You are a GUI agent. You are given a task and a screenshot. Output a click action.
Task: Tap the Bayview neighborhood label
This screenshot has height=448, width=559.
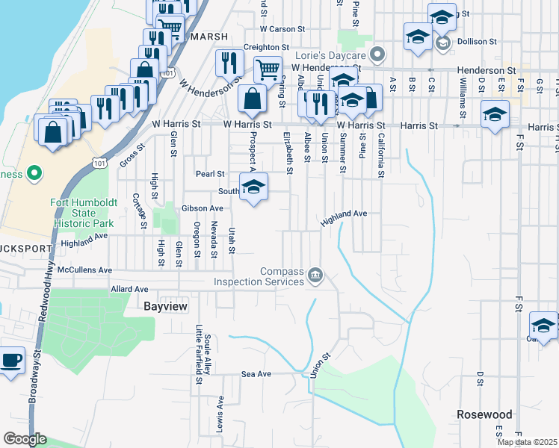[165, 306]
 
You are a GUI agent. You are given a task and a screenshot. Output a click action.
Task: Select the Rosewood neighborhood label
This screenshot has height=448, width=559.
[484, 414]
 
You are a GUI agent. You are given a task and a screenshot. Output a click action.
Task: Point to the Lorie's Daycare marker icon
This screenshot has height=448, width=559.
[379, 55]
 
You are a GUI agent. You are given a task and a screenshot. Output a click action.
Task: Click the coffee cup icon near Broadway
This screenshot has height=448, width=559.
[11, 361]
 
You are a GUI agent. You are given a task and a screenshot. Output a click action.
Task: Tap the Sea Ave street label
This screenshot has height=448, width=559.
[254, 373]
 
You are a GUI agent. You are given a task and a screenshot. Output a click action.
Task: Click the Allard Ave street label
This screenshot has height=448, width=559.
[129, 288]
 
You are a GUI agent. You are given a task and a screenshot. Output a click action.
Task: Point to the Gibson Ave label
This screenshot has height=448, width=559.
[203, 208]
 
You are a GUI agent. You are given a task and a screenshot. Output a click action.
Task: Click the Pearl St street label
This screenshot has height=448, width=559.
[210, 174]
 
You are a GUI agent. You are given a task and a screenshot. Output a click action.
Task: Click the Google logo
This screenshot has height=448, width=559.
[25, 439]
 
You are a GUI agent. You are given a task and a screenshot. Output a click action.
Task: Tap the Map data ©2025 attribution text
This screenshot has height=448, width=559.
[526, 442]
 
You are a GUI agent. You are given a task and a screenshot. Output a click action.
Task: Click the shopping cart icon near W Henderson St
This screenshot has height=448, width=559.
[267, 70]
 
